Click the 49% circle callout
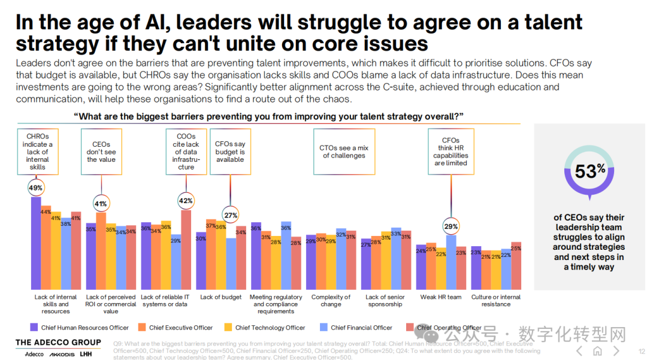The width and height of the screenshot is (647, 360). click(x=35, y=188)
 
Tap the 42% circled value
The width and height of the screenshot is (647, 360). click(x=186, y=201)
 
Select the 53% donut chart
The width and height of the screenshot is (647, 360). click(x=589, y=171)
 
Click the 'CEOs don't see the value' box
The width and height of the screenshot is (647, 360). click(x=100, y=152)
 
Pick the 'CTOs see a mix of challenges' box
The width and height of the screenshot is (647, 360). click(x=344, y=152)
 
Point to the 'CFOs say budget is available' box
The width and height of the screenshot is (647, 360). click(x=230, y=152)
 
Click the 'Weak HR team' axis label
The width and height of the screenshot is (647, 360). click(x=441, y=297)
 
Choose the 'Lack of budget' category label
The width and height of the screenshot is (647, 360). click(x=221, y=297)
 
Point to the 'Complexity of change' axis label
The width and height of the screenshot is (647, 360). click(x=331, y=300)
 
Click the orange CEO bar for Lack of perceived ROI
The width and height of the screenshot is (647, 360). click(x=101, y=252)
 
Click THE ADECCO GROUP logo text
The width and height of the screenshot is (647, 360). click(x=58, y=343)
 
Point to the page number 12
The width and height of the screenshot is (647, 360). click(x=642, y=352)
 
